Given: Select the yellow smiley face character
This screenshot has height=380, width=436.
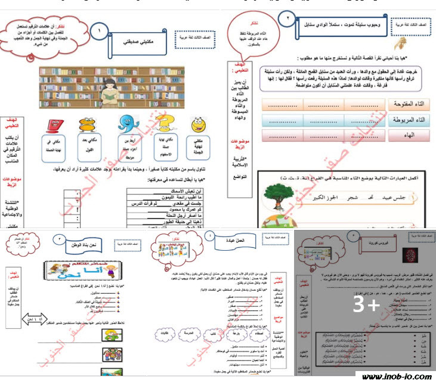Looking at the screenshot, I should click(x=199, y=127).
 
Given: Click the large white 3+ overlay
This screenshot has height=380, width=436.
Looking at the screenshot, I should click(x=366, y=306).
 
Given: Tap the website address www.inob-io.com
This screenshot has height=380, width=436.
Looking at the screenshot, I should click(x=395, y=375).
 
